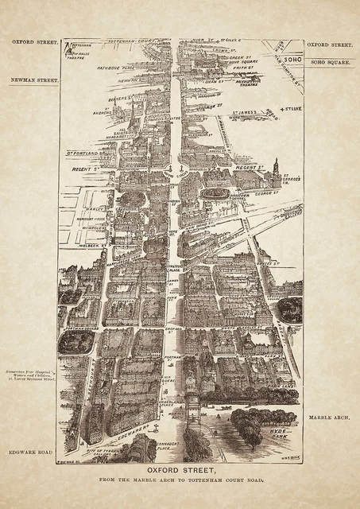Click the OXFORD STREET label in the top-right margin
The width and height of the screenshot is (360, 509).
click(x=328, y=45)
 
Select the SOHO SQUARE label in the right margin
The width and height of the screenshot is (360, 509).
click(x=328, y=61)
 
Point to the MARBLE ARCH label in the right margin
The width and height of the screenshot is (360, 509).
click(x=327, y=416)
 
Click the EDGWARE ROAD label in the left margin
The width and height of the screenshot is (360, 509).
click(x=32, y=452)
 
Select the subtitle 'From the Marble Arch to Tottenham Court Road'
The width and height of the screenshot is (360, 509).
click(x=180, y=482)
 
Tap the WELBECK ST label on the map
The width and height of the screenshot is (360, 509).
click(x=72, y=246)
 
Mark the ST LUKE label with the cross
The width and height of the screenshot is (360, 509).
click(x=293, y=109)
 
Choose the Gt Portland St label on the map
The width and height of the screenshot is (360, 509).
click(x=82, y=152)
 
